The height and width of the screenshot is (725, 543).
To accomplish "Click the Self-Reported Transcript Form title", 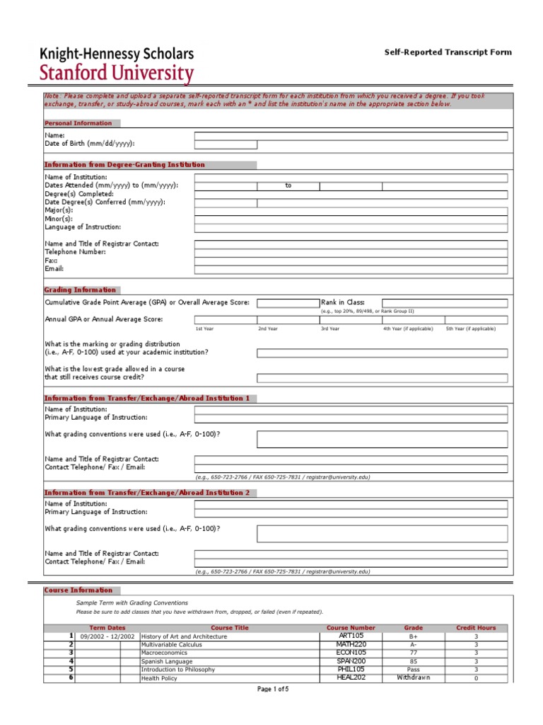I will (x=448, y=52).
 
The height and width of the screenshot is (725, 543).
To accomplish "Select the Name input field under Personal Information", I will (x=351, y=136).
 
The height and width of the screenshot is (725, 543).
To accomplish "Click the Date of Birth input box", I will (x=226, y=144).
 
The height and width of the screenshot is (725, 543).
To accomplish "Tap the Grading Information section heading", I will (x=80, y=290).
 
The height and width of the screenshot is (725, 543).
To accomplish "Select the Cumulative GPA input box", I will (x=288, y=303).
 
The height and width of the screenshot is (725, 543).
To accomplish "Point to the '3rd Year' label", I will (x=330, y=329).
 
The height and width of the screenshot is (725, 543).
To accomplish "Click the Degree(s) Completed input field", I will (x=351, y=195).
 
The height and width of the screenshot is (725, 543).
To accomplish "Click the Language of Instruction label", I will (x=83, y=227).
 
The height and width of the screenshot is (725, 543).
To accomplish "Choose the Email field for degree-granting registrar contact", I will (x=351, y=270).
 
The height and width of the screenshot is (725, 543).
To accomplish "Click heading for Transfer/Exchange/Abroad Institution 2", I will (x=147, y=493).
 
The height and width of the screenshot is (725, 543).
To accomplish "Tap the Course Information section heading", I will (x=78, y=590).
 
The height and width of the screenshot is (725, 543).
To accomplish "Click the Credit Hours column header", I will (x=476, y=628).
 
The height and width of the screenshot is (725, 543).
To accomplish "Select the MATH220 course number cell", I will (x=351, y=644).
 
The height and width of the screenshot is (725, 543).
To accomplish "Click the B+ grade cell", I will (x=414, y=636).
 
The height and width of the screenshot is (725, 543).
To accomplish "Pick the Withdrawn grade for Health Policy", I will (x=414, y=678).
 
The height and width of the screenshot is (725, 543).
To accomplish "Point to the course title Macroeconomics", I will (x=165, y=653).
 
